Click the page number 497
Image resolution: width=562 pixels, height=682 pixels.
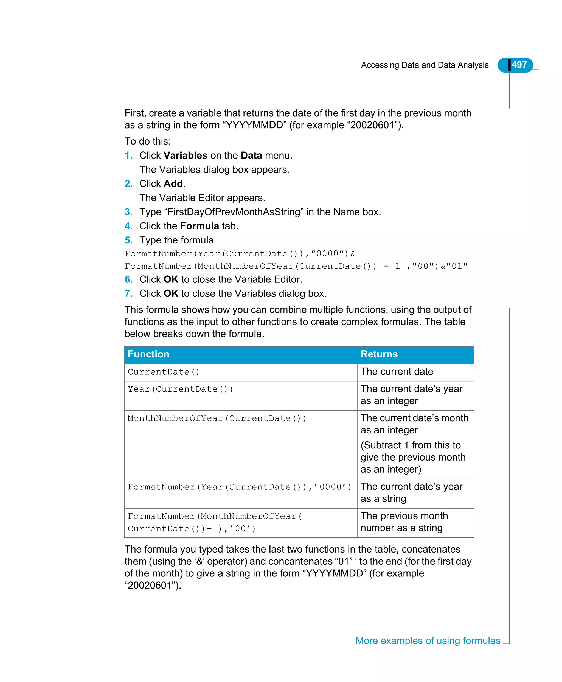tap(519, 65)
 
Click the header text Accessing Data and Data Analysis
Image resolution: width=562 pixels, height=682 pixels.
tap(425, 65)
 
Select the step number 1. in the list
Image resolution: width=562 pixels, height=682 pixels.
tap(128, 156)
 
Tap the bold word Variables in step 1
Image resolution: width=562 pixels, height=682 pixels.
tap(185, 156)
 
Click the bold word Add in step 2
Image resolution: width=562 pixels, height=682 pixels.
tap(173, 184)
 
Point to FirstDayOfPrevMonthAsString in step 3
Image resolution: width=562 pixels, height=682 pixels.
tap(234, 212)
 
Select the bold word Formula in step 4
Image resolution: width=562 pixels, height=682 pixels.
tap(199, 226)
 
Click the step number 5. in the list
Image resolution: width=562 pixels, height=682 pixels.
tap(128, 240)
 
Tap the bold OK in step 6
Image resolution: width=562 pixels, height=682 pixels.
tap(171, 279)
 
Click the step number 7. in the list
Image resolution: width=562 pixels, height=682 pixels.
tap(128, 294)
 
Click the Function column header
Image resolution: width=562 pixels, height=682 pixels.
tap(148, 354)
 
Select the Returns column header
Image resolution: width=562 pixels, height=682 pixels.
tap(379, 354)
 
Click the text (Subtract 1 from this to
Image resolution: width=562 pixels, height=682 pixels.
tap(411, 445)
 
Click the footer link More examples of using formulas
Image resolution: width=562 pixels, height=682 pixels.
tap(428, 641)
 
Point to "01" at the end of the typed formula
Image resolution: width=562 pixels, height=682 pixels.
tap(457, 267)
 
